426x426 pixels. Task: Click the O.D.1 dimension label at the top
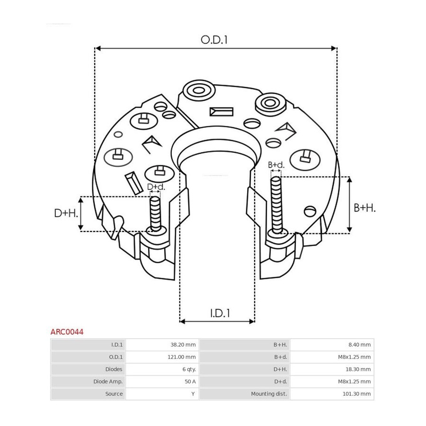214,40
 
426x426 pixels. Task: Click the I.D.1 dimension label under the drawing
220,313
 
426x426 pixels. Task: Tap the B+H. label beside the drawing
364,208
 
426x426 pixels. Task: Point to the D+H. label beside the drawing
66,213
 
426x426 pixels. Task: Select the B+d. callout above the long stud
276,165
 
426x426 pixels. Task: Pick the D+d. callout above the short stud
156,186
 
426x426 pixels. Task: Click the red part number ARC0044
67,332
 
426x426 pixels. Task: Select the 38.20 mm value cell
183,345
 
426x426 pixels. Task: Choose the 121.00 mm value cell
181,357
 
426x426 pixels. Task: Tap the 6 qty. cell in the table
189,369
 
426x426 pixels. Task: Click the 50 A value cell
190,382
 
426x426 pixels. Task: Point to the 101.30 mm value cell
356,394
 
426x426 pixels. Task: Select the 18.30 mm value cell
358,369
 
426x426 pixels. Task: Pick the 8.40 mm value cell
359,345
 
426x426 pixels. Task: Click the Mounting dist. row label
269,394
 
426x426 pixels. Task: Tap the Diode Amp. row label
108,382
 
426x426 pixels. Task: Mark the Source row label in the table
114,394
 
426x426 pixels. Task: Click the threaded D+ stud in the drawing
155,214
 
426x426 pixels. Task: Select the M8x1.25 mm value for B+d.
354,357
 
